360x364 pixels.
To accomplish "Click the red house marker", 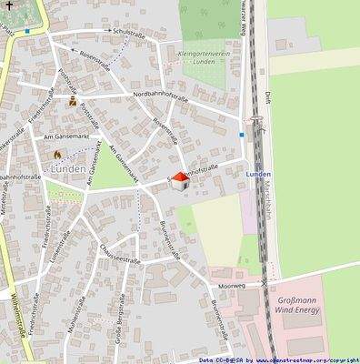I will point(179,181).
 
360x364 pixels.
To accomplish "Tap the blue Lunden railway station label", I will point(259,172).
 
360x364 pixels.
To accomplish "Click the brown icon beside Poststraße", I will point(73,102).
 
